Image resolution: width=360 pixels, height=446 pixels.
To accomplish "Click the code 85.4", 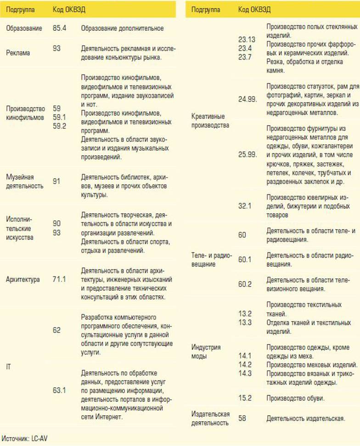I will [60, 28].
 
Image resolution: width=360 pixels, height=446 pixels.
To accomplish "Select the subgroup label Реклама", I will [18, 53].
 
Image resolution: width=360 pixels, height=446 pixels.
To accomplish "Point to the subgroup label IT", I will [8, 365].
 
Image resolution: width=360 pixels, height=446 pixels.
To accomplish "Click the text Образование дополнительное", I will [122, 28].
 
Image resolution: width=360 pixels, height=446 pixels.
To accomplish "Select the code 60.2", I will [245, 284].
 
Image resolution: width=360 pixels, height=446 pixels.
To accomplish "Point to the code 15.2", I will [245, 398].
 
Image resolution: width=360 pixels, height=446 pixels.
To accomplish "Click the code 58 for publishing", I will [242, 418].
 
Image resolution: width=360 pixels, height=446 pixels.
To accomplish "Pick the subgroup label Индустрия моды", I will [206, 352].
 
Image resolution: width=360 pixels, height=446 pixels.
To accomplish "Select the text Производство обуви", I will [296, 398].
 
